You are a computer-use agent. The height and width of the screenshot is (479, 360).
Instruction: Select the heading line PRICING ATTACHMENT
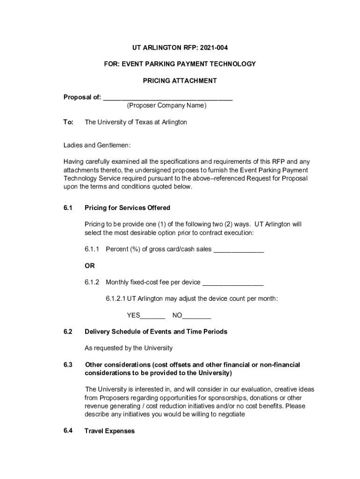pyautogui.click(x=180, y=80)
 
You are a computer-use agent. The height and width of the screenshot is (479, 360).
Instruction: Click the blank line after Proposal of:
pyautogui.click(x=168, y=98)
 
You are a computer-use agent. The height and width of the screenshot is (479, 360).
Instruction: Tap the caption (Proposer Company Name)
pyautogui.click(x=166, y=105)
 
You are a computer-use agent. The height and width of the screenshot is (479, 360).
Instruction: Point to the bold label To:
pyautogui.click(x=68, y=122)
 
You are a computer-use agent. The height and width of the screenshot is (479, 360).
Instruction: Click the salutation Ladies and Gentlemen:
pyautogui.click(x=97, y=145)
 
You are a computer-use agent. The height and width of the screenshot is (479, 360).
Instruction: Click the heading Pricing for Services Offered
pyautogui.click(x=127, y=208)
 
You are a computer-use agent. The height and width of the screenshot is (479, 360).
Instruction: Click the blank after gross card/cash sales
pyautogui.click(x=239, y=250)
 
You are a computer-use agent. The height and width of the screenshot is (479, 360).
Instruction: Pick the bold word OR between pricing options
pyautogui.click(x=89, y=266)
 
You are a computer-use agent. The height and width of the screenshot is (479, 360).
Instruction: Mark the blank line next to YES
pyautogui.click(x=153, y=316)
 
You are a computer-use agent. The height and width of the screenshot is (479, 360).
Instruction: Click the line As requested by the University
pyautogui.click(x=129, y=348)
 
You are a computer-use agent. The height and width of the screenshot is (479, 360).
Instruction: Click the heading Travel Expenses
pyautogui.click(x=109, y=431)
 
